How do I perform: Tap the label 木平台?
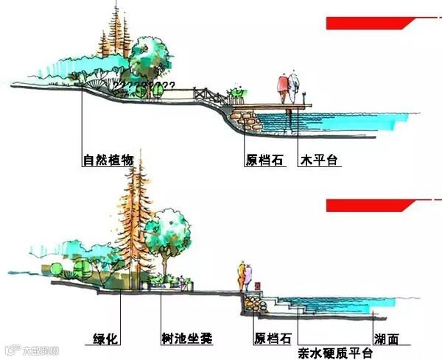click(x=318, y=158)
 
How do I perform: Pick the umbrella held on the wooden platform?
click(x=293, y=87)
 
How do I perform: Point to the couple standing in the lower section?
click(x=245, y=278)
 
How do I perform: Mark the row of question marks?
click(x=144, y=86)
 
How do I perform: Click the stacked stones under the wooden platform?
click(x=243, y=116)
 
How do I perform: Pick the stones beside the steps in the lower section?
click(x=253, y=302)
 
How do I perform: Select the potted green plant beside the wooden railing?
click(x=236, y=93)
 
